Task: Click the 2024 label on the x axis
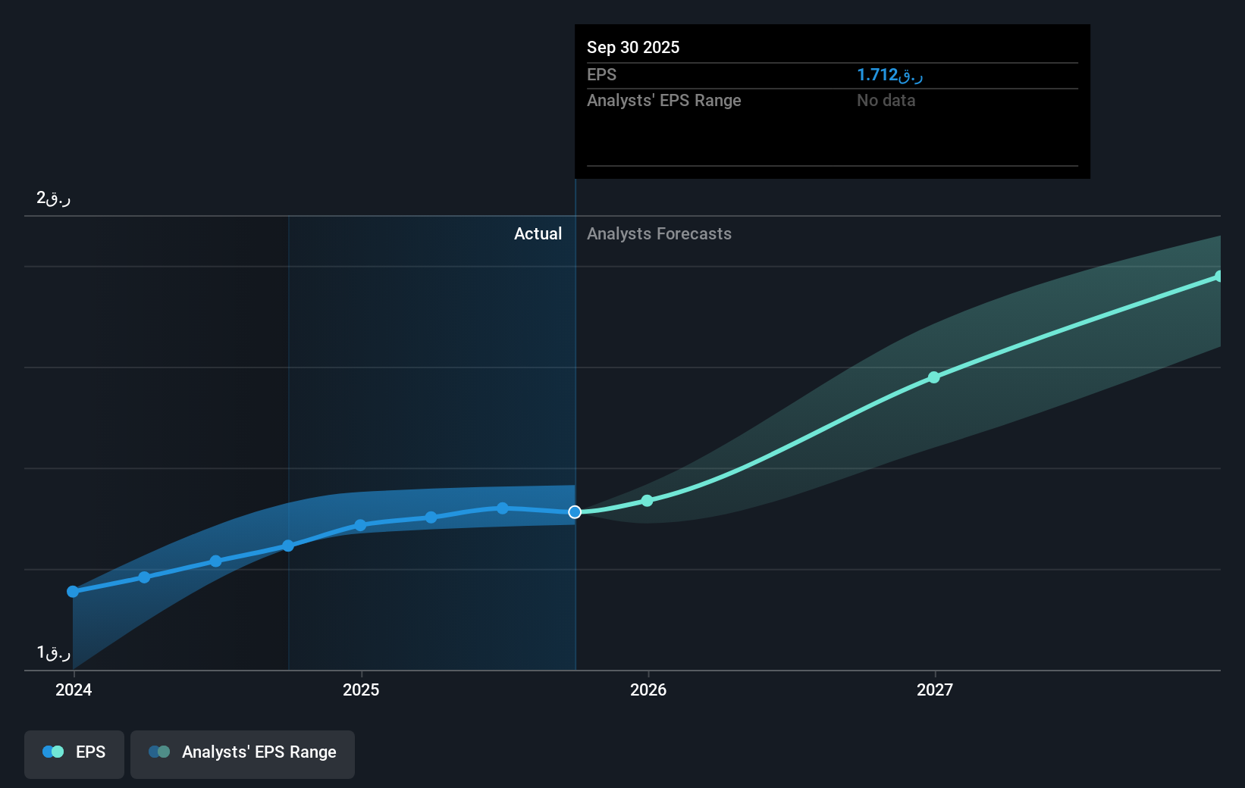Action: pos(74,689)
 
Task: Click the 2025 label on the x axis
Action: pos(361,689)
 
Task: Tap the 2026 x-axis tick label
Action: pos(648,689)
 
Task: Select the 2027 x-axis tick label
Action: pos(935,689)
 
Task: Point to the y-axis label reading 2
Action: pos(53,199)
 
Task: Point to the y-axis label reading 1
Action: pos(53,652)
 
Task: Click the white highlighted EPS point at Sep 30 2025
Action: pos(575,512)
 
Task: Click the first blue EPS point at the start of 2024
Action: pos(73,592)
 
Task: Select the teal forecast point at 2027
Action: pos(934,377)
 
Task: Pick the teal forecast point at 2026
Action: pos(647,501)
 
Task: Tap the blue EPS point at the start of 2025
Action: pos(360,525)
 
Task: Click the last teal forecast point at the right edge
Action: pos(1218,277)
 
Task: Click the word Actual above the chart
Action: pos(538,234)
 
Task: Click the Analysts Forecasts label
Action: pos(659,234)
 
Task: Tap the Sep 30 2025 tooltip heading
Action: pos(633,47)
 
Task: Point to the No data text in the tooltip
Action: pos(886,101)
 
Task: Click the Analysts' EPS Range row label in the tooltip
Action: pos(663,101)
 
